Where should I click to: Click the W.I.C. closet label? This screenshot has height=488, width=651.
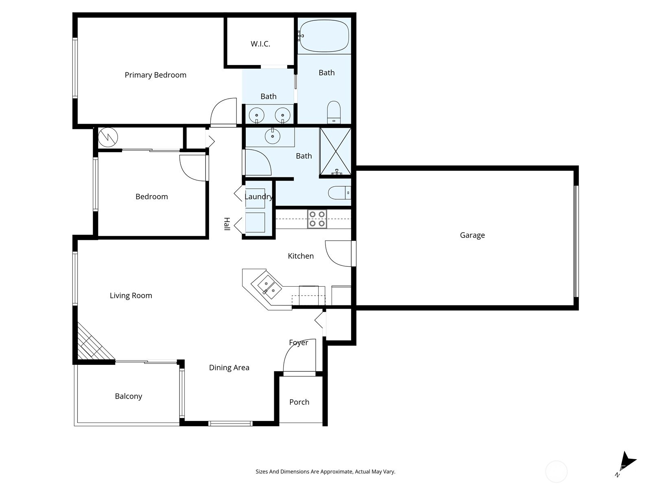[x=260, y=44]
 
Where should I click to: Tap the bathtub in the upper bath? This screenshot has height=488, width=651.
[x=324, y=36]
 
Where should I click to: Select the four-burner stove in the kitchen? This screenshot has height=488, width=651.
[x=317, y=219]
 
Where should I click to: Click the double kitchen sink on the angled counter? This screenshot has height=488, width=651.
[x=267, y=285]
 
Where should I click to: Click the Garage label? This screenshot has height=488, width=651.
[x=472, y=235]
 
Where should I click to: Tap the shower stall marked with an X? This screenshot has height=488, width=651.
[x=335, y=151]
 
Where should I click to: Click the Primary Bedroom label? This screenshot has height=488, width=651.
[x=155, y=75]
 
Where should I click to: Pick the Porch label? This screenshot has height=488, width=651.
[x=299, y=402]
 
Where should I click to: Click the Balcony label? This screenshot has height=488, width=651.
[x=128, y=396]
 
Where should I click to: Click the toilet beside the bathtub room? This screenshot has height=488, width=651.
[x=334, y=112]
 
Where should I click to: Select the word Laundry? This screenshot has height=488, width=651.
[x=258, y=197]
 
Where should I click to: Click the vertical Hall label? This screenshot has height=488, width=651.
[x=227, y=224]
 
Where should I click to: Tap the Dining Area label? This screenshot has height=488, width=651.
[x=229, y=368]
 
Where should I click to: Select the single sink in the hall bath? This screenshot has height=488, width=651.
[x=272, y=136]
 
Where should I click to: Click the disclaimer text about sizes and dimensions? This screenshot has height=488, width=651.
[x=325, y=472]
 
